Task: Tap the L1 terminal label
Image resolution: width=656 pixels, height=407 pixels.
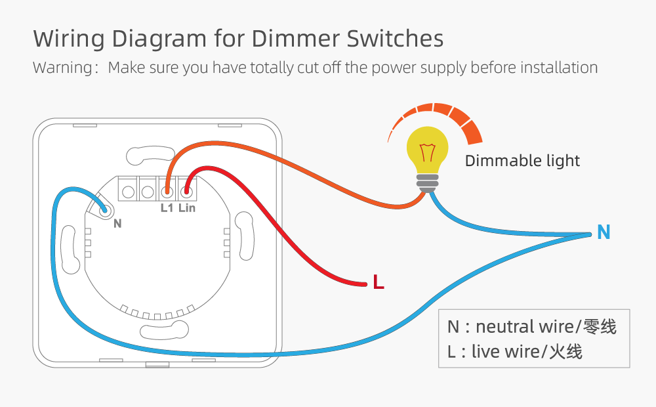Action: click(167, 208)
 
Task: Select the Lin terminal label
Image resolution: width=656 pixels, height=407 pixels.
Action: click(187, 208)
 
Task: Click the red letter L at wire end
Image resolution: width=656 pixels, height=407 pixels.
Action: click(378, 283)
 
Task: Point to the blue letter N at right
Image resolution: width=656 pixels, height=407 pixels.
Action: click(604, 232)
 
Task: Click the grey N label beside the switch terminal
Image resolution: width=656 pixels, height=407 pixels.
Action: click(117, 223)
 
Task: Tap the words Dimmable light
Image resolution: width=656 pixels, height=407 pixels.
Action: click(522, 161)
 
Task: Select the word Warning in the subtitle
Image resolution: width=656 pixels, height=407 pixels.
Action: click(62, 68)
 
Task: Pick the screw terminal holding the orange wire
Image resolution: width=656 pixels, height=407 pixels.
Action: click(167, 191)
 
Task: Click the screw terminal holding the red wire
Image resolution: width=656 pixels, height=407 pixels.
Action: click(187, 191)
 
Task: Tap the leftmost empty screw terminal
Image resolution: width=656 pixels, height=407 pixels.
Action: click(129, 191)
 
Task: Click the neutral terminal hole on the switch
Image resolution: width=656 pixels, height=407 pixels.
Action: click(105, 210)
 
